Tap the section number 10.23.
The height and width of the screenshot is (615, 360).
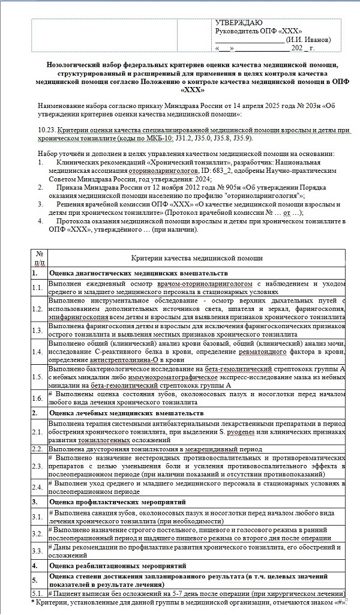[46, 130]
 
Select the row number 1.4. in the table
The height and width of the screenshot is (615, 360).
[39, 348]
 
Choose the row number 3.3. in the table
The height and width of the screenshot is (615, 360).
[39, 550]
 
